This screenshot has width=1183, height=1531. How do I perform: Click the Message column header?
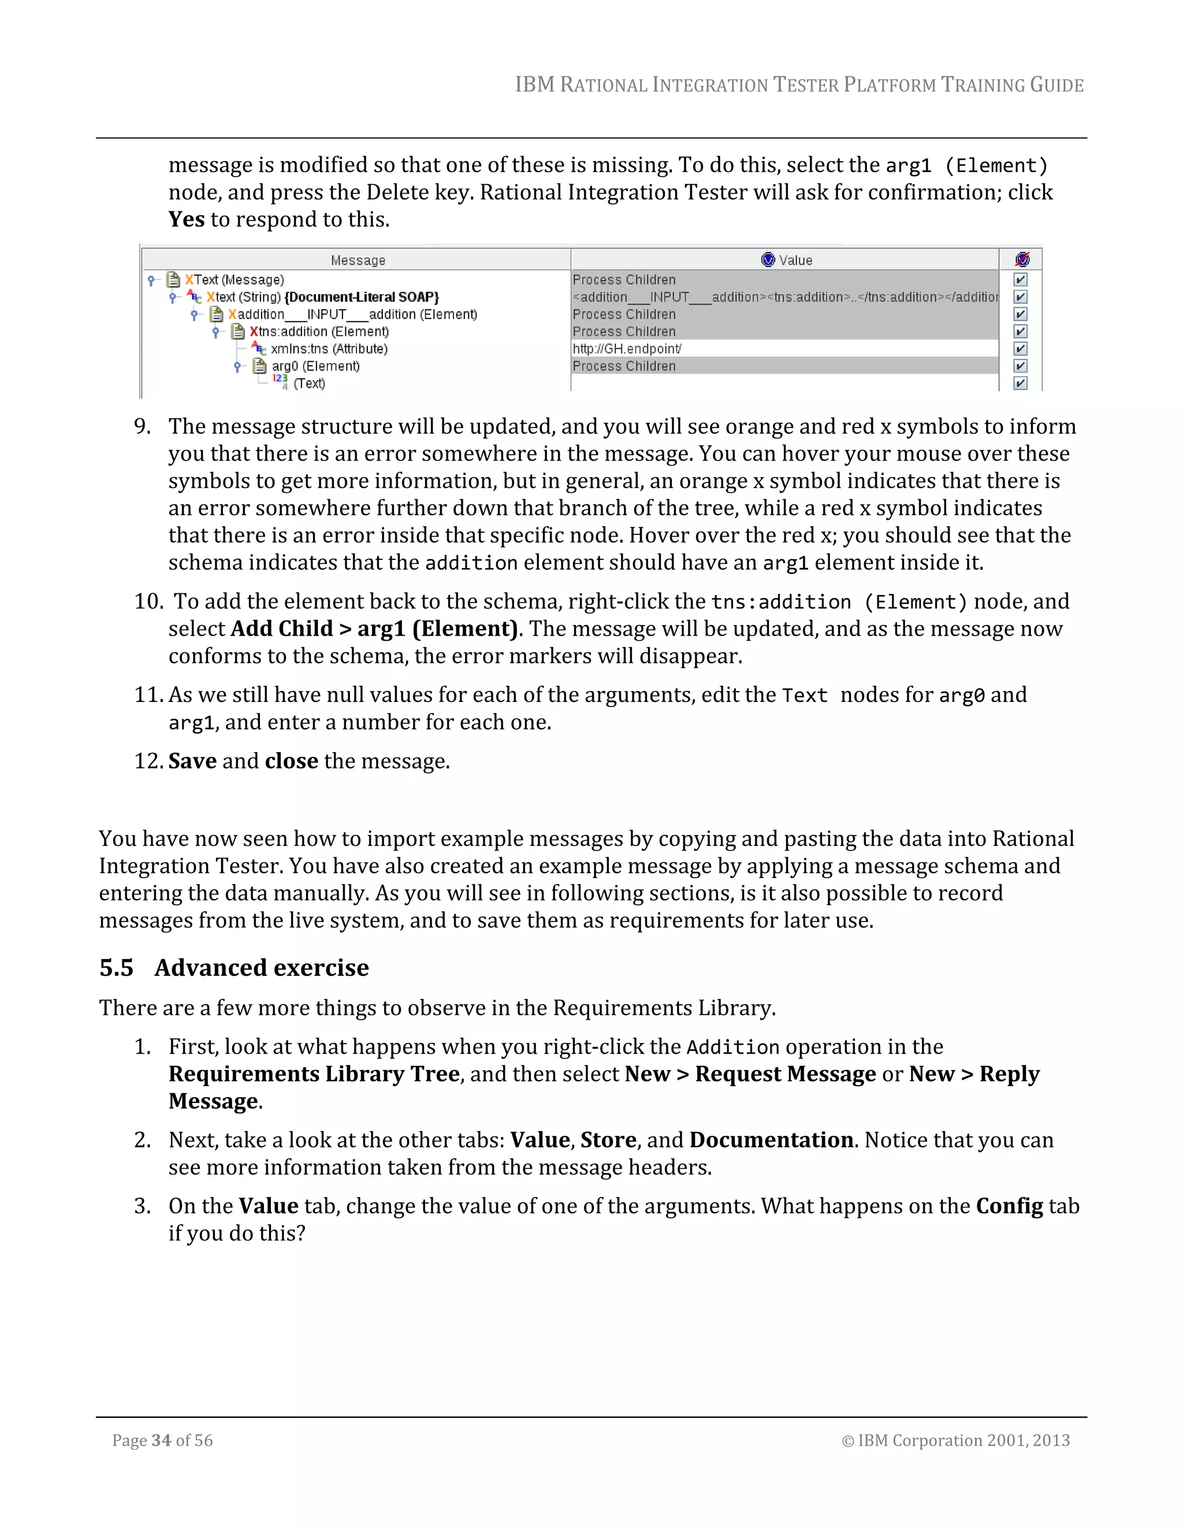[x=358, y=260]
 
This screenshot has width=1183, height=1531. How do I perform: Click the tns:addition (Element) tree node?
[x=319, y=332]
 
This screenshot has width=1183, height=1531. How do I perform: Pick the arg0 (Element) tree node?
[x=315, y=366]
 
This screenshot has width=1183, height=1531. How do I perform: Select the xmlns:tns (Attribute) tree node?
[x=329, y=349]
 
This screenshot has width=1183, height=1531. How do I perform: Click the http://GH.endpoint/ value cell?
[x=627, y=349]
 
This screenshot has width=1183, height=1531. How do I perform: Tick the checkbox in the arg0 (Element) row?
[x=1021, y=366]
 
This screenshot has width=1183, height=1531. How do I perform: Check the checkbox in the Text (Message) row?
[x=1021, y=280]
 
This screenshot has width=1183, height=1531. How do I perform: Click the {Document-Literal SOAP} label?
[x=362, y=297]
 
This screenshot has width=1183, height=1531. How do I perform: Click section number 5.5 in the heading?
[x=116, y=968]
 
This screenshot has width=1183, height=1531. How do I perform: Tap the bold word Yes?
[x=187, y=220]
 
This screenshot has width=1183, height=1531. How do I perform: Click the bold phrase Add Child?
[x=282, y=629]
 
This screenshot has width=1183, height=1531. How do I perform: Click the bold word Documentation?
[x=771, y=1140]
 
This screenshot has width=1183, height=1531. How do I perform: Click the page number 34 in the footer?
[x=161, y=1440]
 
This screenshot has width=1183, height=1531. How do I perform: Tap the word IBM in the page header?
[x=535, y=85]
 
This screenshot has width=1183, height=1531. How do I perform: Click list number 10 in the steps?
[x=148, y=601]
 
